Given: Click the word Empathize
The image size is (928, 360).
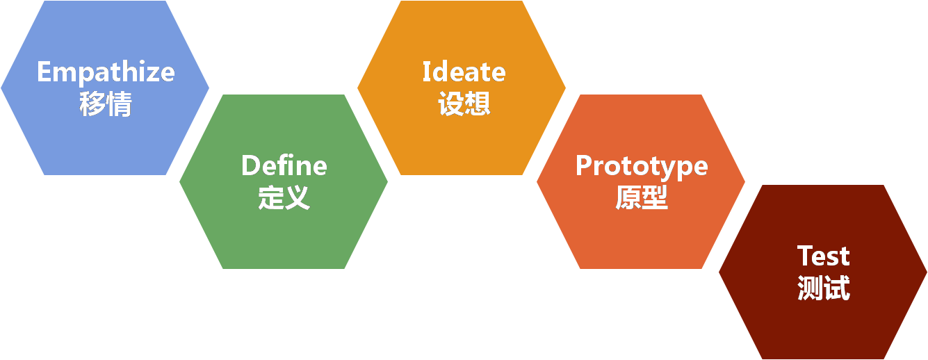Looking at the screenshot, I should pyautogui.click(x=106, y=72).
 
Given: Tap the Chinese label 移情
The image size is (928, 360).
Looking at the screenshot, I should pyautogui.click(x=106, y=105).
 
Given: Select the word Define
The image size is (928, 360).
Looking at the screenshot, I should pyautogui.click(x=284, y=165).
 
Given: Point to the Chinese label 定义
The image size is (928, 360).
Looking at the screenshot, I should pyautogui.click(x=284, y=198).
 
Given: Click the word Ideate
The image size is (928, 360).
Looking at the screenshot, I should pyautogui.click(x=464, y=72).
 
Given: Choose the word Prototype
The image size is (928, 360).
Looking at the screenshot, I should pyautogui.click(x=641, y=166).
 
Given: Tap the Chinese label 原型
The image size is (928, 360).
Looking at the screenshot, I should pyautogui.click(x=641, y=198).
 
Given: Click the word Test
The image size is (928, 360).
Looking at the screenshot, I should pyautogui.click(x=823, y=256).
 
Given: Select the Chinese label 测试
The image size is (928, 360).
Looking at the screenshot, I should pyautogui.click(x=823, y=288).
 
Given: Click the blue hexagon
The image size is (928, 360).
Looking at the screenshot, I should pyautogui.click(x=104, y=139).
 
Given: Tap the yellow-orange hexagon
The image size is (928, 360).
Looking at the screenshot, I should pyautogui.click(x=462, y=139).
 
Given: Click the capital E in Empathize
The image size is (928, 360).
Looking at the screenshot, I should pyautogui.click(x=45, y=72).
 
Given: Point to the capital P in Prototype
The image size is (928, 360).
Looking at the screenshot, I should pyautogui.click(x=584, y=165).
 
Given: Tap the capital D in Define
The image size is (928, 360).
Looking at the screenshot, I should pyautogui.click(x=250, y=165).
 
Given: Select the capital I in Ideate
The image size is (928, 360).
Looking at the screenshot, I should pyautogui.click(x=427, y=72).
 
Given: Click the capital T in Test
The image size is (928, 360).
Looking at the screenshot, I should pyautogui.click(x=805, y=256).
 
